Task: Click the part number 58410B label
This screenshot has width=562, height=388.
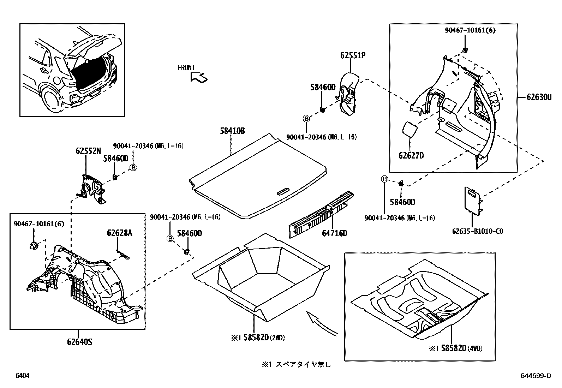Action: click(232, 131)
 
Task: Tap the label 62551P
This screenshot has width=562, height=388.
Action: click(353, 55)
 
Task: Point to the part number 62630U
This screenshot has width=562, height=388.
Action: click(539, 97)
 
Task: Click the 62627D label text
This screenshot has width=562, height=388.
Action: click(411, 155)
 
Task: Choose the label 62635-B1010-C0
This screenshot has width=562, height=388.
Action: click(478, 231)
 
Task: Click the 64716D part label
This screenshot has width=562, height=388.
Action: click(334, 233)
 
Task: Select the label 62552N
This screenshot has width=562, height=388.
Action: click(88, 151)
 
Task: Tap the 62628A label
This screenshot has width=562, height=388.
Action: click(120, 233)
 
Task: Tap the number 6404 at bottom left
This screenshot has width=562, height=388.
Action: click(22, 376)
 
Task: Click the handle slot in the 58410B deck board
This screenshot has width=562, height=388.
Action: click(283, 192)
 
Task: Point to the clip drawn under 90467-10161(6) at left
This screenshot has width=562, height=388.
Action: click(34, 246)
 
